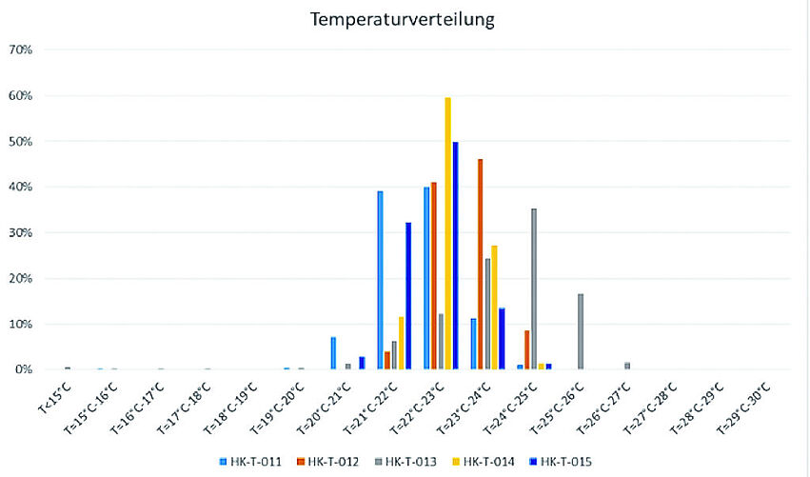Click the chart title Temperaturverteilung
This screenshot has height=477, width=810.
[405, 18]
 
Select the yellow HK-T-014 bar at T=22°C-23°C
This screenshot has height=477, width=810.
[447, 233]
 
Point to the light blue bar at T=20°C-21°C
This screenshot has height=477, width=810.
[333, 352]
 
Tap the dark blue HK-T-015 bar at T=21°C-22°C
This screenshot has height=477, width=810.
[408, 295]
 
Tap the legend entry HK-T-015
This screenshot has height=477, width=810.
[561, 462]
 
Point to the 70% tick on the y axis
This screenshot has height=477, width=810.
[21, 50]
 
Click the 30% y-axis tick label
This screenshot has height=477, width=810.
[21, 232]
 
